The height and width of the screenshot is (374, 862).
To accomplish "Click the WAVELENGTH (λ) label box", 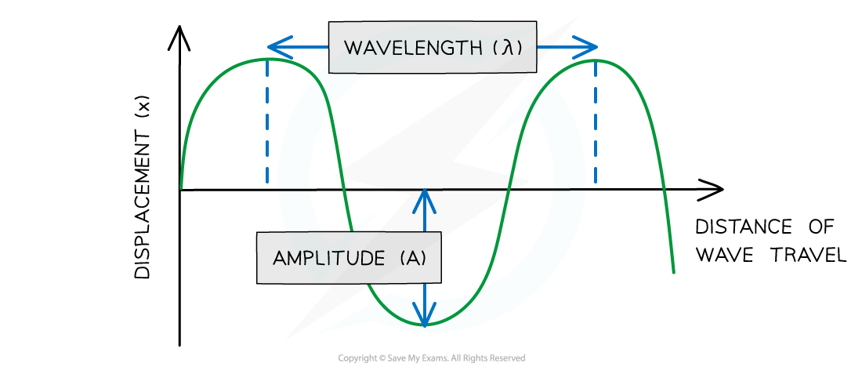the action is [x=432, y=47].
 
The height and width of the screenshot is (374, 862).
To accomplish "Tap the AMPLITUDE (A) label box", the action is [x=349, y=257].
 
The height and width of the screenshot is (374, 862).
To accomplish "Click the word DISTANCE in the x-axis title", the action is [x=744, y=226].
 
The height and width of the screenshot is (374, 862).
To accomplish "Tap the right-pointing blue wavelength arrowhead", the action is [x=585, y=47].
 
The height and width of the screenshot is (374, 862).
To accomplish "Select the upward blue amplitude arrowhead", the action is [x=425, y=202].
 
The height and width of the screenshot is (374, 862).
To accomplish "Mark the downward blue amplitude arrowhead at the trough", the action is [x=425, y=314].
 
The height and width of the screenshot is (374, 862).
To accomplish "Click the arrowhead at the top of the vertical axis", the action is [x=179, y=38].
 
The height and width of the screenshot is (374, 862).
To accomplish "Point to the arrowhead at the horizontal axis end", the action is [x=711, y=190].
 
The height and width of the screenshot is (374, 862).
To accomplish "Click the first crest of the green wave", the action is [x=267, y=59].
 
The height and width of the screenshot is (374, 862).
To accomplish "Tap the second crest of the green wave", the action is [x=595, y=60].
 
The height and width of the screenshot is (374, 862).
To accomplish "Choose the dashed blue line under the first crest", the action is [x=267, y=122].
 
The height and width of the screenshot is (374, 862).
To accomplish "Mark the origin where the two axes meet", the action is [x=179, y=190].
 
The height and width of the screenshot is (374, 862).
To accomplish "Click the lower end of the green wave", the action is [x=673, y=272].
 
